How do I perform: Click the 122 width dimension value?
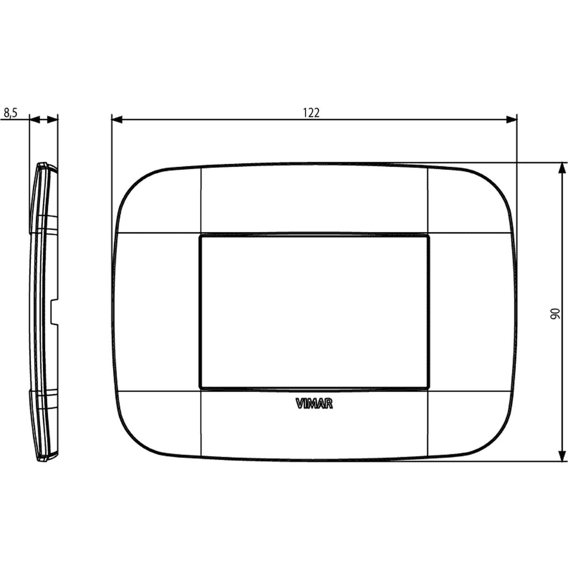(x=311, y=113)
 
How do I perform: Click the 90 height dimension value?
(x=555, y=314)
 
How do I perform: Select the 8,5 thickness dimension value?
(x=10, y=113)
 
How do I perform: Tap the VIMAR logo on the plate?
(x=314, y=404)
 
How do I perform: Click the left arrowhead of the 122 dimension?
(x=117, y=119)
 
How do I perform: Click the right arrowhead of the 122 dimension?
(x=511, y=119)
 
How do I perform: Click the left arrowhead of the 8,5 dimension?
(x=35, y=119)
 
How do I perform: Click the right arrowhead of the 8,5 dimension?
(x=53, y=119)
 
